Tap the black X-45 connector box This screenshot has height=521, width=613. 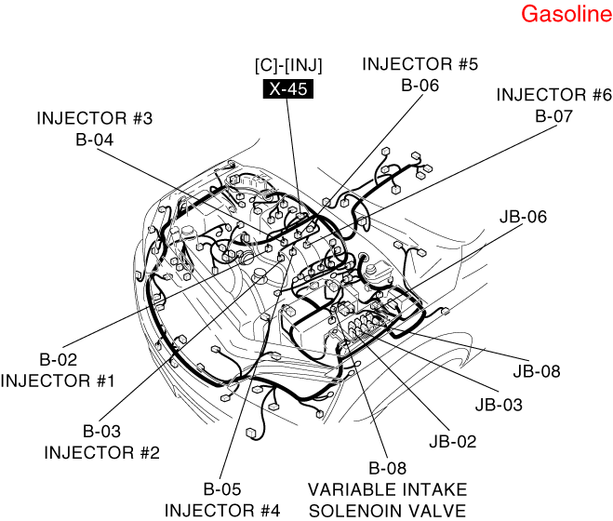pyautogui.click(x=288, y=89)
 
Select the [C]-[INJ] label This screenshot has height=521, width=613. pyautogui.click(x=288, y=67)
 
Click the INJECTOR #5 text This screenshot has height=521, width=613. pyautogui.click(x=420, y=64)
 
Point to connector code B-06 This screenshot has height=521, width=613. pyautogui.click(x=420, y=85)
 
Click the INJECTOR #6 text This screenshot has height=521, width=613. pyautogui.click(x=553, y=95)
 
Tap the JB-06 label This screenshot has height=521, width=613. pyautogui.click(x=523, y=217)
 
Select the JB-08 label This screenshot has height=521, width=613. pyautogui.click(x=537, y=370)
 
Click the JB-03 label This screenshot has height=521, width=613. pyautogui.click(x=499, y=405)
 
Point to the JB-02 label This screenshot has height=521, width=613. pyautogui.click(x=452, y=441)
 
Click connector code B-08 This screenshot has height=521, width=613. pyautogui.click(x=388, y=468)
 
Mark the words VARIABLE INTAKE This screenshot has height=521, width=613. pyautogui.click(x=388, y=488)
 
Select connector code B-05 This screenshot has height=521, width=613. pyautogui.click(x=222, y=488)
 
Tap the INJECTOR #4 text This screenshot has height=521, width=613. pyautogui.click(x=222, y=510)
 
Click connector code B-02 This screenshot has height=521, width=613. pyautogui.click(x=58, y=359)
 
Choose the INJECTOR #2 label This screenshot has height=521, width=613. pyautogui.click(x=102, y=453)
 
